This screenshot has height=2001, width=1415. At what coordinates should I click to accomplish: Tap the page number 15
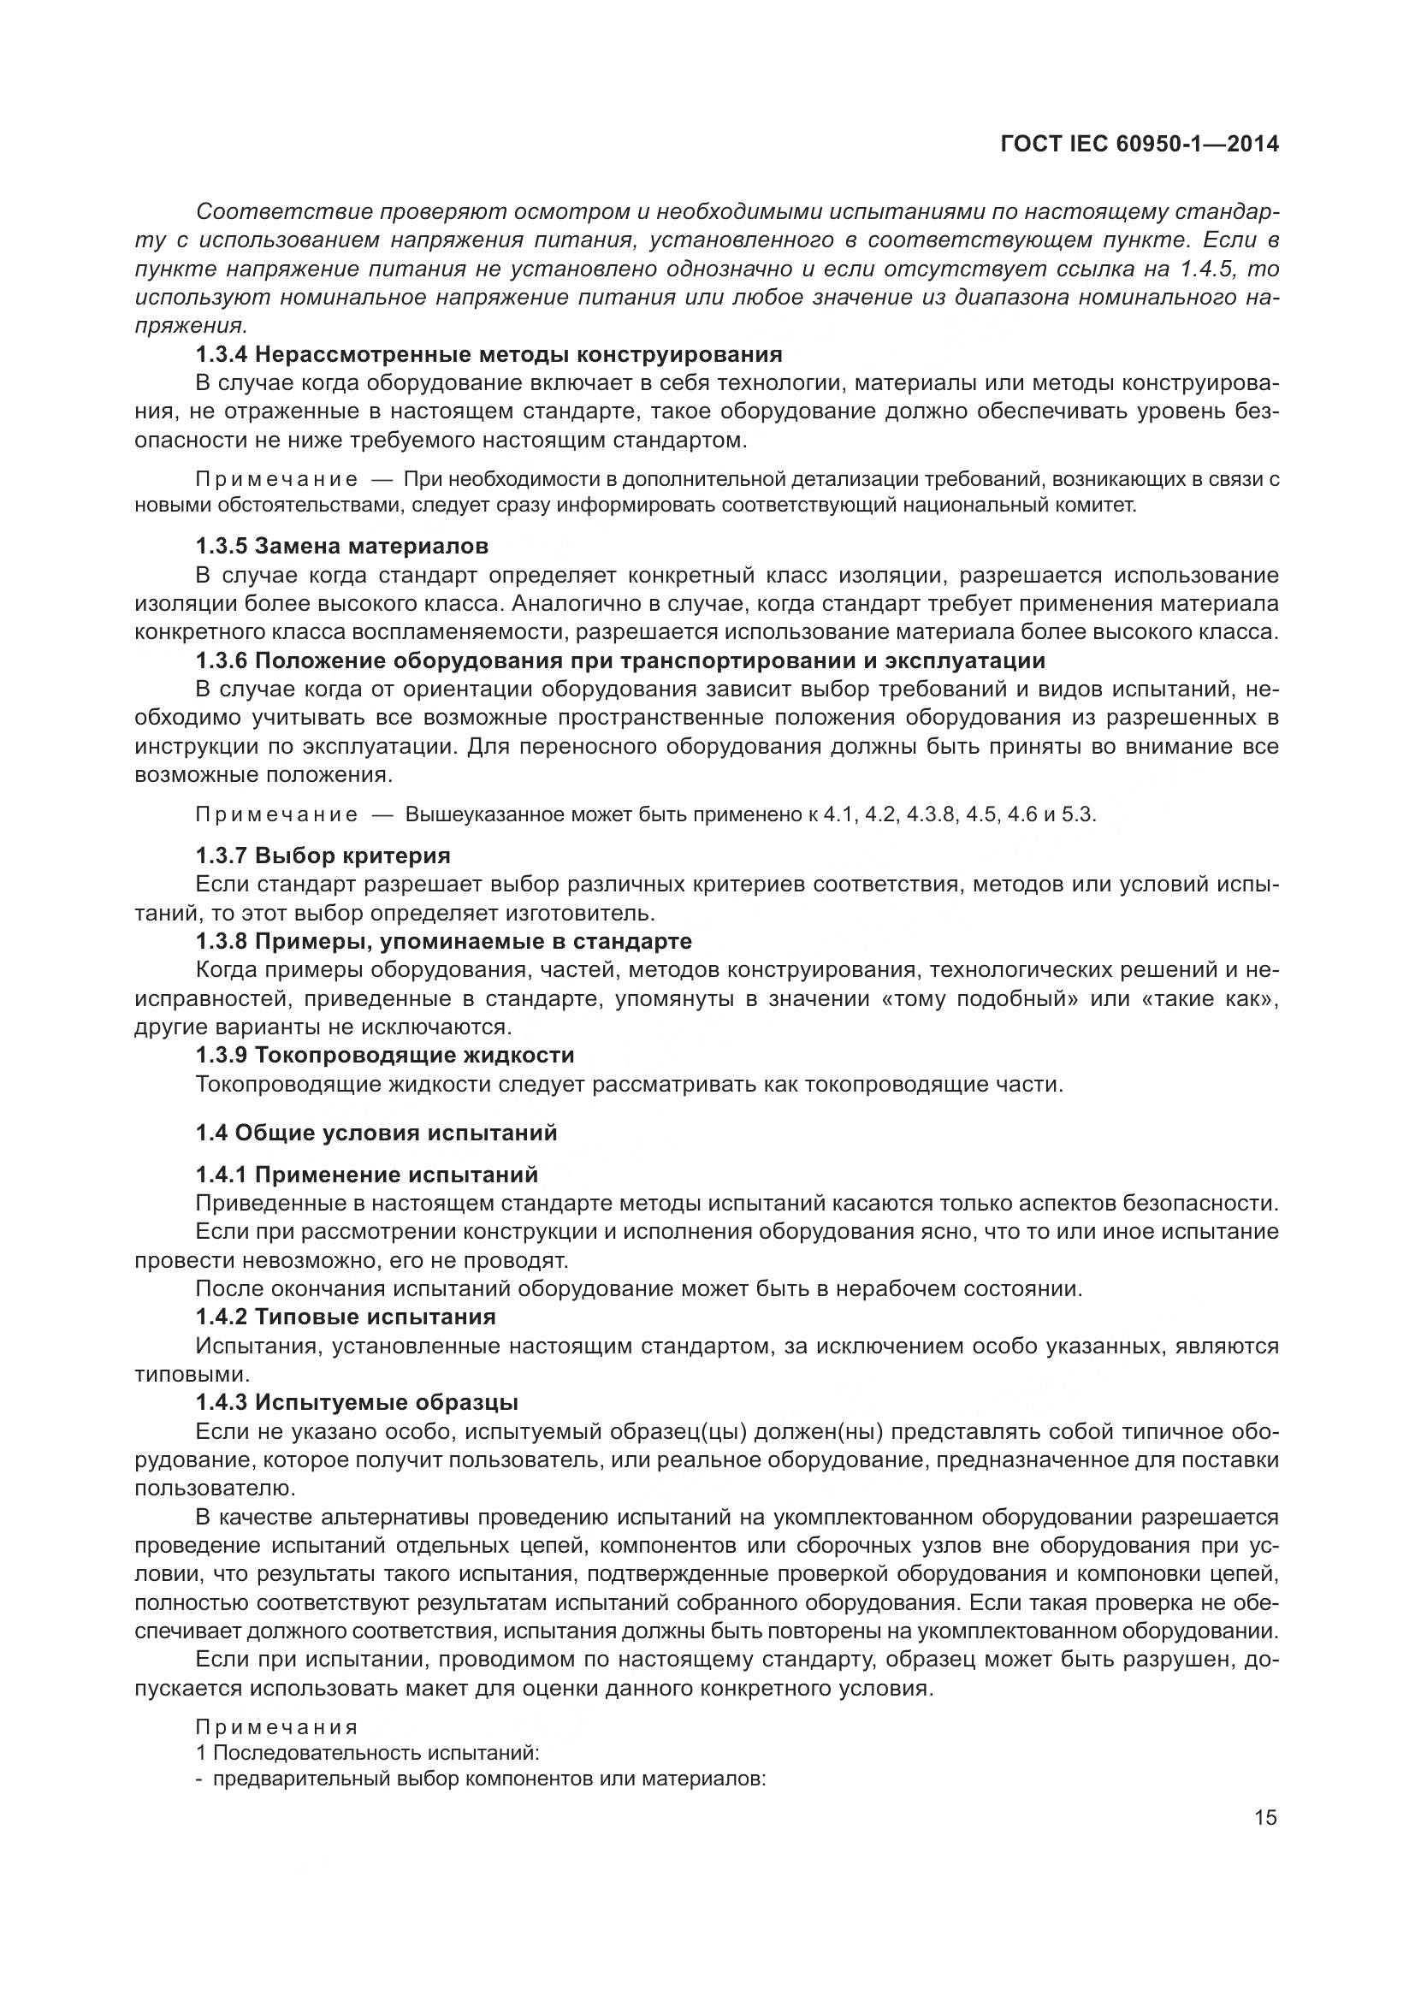tap(1265, 1817)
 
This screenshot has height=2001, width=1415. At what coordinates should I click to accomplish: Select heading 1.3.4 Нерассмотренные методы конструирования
tap(488, 355)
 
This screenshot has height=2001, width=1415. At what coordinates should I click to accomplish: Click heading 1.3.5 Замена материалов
tap(341, 547)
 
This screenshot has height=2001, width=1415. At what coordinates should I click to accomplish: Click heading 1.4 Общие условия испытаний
tap(376, 1133)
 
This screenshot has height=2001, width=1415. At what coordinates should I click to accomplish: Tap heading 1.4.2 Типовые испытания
tap(345, 1317)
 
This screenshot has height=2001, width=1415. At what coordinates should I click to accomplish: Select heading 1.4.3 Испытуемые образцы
tap(357, 1402)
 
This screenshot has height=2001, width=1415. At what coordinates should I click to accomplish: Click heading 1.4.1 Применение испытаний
tap(367, 1175)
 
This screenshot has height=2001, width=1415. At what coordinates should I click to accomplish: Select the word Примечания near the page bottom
tap(276, 1726)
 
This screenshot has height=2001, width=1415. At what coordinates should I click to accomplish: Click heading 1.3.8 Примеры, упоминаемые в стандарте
tap(443, 941)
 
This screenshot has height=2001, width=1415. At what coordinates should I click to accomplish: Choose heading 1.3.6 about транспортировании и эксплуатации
tap(619, 660)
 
